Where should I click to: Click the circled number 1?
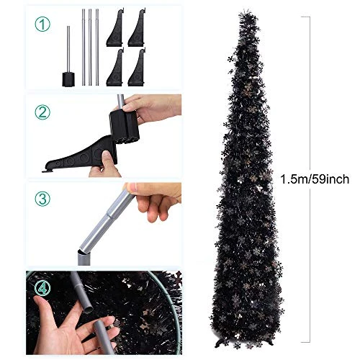[42, 24]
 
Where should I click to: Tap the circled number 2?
[42, 112]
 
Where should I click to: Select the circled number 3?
[42, 199]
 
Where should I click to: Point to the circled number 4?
[42, 288]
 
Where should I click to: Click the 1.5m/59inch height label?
[315, 179]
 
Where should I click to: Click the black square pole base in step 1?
[68, 79]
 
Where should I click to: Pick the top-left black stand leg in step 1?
[115, 27]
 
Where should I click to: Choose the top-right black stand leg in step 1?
[137, 27]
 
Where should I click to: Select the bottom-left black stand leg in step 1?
[115, 67]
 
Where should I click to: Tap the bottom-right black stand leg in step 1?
[137, 67]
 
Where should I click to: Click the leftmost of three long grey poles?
[84, 48]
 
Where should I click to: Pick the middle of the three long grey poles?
[90, 48]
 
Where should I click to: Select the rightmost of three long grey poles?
[97, 48]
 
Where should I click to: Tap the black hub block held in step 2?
[124, 127]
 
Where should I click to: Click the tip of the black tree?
[246, 12]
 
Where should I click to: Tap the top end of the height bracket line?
[310, 17]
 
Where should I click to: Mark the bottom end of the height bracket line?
[310, 342]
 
